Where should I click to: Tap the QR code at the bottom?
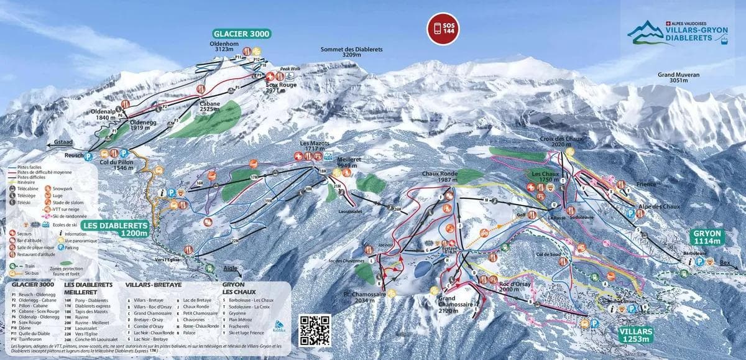coord(315,330)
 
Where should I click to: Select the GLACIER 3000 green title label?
coord(244,34)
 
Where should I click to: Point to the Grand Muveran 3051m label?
coord(678,77)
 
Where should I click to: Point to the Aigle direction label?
coord(231,269)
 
